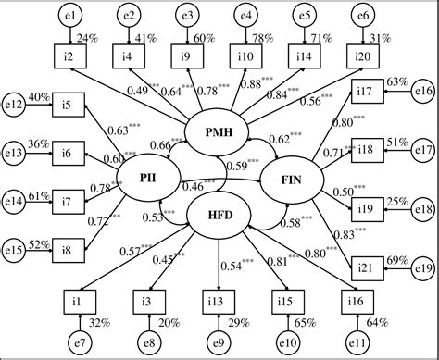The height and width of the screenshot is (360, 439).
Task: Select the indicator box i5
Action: [69, 105]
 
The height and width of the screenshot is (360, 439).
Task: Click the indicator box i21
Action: [368, 269]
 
